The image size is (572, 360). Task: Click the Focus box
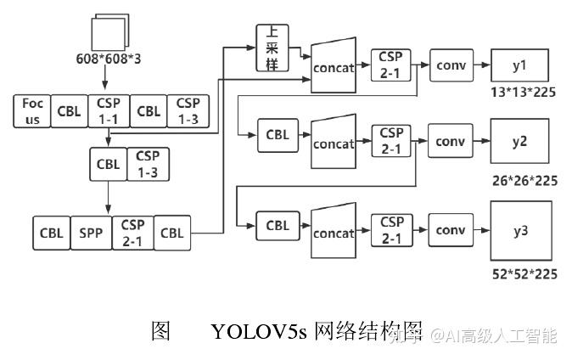pos(32,110)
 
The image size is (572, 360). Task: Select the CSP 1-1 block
pos(109,110)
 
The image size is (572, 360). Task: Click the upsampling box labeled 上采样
pos(273,48)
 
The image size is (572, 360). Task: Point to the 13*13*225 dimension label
pos(524,91)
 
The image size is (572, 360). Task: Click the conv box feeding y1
pos(451,65)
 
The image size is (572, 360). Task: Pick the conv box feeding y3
pos(451,230)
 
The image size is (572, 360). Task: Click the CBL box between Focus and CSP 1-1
pos(70,110)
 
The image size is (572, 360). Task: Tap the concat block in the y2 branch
pos(334,142)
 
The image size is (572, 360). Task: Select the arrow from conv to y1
pos(481,65)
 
